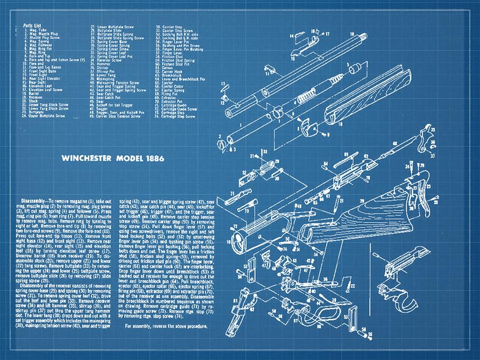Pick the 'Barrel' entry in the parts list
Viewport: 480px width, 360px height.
[34, 92]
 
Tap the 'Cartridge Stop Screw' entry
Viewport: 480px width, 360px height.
[178, 116]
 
